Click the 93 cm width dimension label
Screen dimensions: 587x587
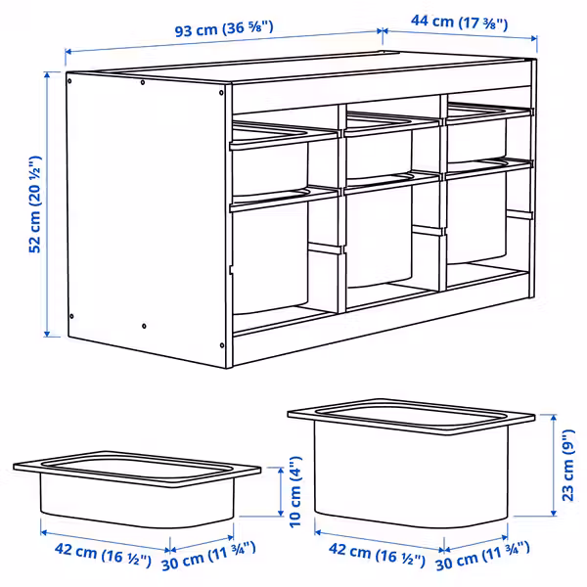coord(224,29)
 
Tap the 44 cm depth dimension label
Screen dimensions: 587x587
coord(460,23)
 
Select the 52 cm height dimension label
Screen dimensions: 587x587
coord(35,204)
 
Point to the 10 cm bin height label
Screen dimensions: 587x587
coord(295,492)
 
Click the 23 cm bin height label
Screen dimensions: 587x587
coord(567,466)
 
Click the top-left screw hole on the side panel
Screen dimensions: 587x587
coord(69,80)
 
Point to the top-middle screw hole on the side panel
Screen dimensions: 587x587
coord(143,82)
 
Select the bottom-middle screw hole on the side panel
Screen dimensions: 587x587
coord(144,326)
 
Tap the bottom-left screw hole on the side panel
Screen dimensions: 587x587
coord(71,316)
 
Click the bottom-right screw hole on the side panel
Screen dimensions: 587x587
coord(222,345)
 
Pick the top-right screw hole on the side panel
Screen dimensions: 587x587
coord(221,93)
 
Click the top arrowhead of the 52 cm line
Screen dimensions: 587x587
coord(47,75)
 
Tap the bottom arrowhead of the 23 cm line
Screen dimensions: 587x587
coord(554,513)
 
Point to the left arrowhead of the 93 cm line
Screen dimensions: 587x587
coord(68,52)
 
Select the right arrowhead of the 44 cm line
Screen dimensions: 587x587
coord(534,38)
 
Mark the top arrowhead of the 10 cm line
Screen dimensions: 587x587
coord(281,471)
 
